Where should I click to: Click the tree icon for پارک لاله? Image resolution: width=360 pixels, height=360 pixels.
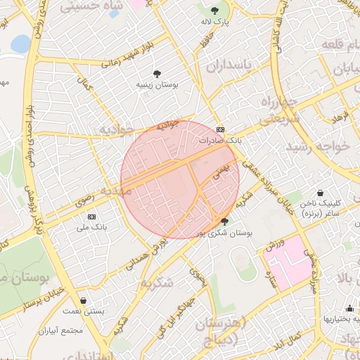214,11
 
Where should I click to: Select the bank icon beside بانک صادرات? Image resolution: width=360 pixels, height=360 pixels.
221,129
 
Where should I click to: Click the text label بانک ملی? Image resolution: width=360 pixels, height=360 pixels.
91,227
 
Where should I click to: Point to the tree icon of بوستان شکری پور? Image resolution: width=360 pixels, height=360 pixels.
224,221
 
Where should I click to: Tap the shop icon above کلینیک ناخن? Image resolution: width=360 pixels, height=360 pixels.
321,193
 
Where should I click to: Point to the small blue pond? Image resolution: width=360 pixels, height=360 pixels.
20,44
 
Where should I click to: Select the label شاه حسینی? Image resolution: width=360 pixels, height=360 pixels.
91,6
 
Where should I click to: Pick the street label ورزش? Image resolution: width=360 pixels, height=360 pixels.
276,244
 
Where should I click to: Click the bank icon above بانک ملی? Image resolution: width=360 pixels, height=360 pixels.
91,216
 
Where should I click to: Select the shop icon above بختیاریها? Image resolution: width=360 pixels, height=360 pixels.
349,308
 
